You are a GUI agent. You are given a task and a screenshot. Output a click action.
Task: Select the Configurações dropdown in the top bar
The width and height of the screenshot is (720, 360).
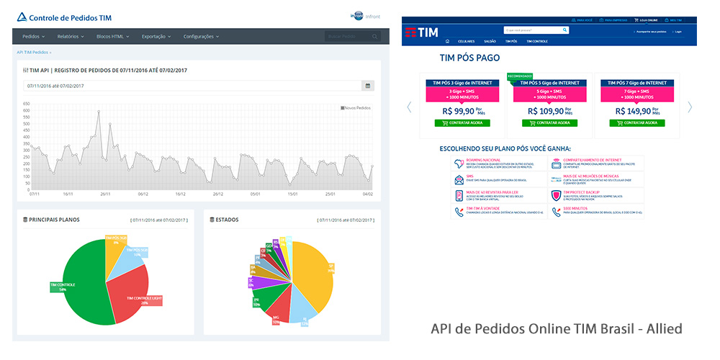(x=201, y=36)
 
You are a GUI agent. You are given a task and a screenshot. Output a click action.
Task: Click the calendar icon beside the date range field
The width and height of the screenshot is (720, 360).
(x=367, y=86)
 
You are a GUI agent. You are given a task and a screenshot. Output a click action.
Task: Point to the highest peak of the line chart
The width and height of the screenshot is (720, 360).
(x=99, y=111)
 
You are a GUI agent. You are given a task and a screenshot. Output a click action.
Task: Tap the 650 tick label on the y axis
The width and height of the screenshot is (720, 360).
(x=26, y=104)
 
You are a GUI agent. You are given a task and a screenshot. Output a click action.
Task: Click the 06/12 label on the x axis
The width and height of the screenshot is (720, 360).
(x=143, y=194)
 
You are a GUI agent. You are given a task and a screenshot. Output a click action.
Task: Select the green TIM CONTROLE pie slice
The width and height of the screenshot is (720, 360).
(x=72, y=284)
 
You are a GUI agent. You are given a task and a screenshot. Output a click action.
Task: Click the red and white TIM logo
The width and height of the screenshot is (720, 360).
(x=421, y=32)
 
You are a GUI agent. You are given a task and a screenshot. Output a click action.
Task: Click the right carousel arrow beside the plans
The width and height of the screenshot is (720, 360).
(x=689, y=107)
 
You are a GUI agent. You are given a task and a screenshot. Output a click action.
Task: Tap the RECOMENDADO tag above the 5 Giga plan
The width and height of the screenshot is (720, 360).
(x=520, y=76)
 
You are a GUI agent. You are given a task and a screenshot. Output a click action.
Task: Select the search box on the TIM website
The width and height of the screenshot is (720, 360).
(x=531, y=30)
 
